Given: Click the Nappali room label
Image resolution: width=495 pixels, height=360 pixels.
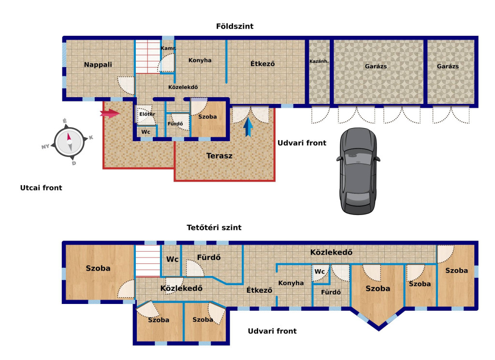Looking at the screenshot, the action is point(98,65).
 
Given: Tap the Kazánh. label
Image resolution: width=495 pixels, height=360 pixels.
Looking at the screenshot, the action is point(319,61).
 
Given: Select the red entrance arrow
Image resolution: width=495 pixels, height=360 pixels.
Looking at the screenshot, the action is point(110,113).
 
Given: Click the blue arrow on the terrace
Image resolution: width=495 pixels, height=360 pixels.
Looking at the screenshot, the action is point(248,127).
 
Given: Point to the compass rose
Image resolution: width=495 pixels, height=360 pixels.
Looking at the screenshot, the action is point(70,142).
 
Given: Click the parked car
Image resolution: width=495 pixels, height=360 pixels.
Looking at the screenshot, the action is point(358,171).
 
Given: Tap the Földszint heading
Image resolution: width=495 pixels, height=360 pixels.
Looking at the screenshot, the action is point(234,26).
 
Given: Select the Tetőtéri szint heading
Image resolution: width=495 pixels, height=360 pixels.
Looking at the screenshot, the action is point(214,228).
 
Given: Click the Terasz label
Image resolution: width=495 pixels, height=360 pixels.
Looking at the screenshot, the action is point(219,156).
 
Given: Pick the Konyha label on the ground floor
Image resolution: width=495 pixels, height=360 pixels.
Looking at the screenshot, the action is point(200,60).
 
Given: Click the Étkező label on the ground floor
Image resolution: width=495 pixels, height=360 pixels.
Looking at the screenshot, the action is point(262,64).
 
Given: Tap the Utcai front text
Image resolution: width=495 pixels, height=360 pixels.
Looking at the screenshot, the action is point(41,187).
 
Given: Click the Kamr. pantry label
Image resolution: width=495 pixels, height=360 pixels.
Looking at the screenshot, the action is point(168,48).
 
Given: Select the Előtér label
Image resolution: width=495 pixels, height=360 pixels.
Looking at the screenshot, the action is point(147,114).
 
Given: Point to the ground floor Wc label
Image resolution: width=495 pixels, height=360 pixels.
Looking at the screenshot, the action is point(146,132).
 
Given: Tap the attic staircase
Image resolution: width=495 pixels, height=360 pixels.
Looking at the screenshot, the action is point(148,261).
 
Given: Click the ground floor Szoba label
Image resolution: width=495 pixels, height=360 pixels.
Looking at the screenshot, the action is point(207,117).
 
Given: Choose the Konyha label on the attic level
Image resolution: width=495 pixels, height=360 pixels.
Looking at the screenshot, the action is point(291,283).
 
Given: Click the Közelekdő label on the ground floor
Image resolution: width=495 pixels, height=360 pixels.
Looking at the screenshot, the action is point(183,87).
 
